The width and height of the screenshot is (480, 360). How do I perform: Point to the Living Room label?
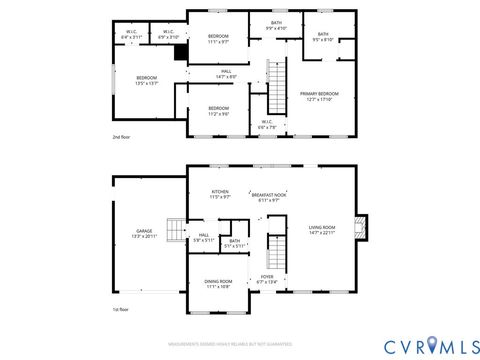(x=321, y=230)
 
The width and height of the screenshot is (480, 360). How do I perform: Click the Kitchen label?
(x=220, y=194)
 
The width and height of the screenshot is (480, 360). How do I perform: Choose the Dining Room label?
(x=218, y=285)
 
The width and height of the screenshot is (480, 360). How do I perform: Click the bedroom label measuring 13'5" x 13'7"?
(x=147, y=80)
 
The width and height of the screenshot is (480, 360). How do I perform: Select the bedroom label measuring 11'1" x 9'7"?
(x=218, y=38)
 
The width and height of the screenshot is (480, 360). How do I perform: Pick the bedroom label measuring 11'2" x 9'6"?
(x=218, y=110)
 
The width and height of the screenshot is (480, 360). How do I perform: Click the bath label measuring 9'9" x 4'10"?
(x=275, y=25)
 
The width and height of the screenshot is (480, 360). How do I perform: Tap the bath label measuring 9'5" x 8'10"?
(x=323, y=37)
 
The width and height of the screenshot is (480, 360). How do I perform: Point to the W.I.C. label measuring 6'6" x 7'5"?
(x=267, y=124)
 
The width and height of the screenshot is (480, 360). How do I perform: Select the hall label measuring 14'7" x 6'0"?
(x=226, y=74)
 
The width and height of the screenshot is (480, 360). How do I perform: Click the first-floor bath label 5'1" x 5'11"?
(x=234, y=243)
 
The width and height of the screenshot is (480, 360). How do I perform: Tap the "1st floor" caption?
(x=120, y=309)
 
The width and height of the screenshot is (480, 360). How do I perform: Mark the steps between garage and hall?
(x=175, y=230)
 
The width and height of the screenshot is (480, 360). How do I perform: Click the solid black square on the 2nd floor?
(x=181, y=54)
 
